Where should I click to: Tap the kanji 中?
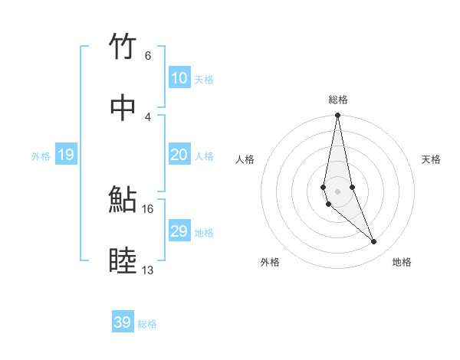(123, 108)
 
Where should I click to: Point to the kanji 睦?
(123, 261)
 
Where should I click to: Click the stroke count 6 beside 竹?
(148, 56)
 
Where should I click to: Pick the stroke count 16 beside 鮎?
(148, 208)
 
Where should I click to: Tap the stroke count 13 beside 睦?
(148, 270)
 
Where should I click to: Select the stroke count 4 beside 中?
(148, 116)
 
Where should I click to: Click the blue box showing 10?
(179, 78)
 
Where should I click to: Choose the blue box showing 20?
(179, 155)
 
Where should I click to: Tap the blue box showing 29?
(179, 231)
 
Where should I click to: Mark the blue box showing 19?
(66, 155)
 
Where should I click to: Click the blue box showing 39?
(123, 322)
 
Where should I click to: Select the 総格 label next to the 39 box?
(147, 324)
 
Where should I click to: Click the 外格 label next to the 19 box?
(41, 156)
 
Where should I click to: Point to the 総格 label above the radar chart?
(338, 100)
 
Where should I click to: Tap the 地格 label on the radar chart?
(402, 263)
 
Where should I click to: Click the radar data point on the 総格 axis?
(337, 115)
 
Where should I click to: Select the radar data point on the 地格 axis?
(374, 242)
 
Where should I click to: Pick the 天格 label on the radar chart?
(431, 159)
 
